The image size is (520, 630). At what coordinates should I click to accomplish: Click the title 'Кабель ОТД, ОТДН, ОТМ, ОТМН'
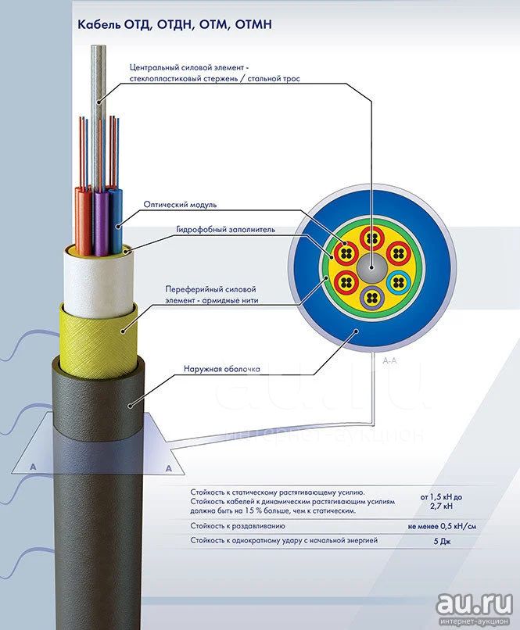point(175,24)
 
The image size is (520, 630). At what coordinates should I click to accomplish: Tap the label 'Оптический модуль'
point(180,205)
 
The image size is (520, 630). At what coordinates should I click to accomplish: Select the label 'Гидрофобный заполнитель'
point(225,230)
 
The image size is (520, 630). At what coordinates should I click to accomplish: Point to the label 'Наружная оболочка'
point(222,368)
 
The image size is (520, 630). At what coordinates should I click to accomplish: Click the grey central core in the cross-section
point(371,267)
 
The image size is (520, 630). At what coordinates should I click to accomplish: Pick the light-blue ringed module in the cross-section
point(398,283)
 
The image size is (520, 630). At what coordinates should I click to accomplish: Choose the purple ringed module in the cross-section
point(371,298)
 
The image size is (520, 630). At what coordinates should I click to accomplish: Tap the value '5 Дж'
point(442,541)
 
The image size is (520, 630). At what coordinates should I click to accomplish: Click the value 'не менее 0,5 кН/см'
point(442,526)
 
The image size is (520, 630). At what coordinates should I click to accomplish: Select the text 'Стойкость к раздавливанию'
point(238,526)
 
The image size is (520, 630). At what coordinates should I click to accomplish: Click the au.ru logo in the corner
point(474,607)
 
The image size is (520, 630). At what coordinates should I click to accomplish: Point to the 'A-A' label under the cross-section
point(389,360)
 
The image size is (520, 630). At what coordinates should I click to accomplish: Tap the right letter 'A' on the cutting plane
point(169,468)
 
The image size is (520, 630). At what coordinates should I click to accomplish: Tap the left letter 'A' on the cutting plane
point(33,467)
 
